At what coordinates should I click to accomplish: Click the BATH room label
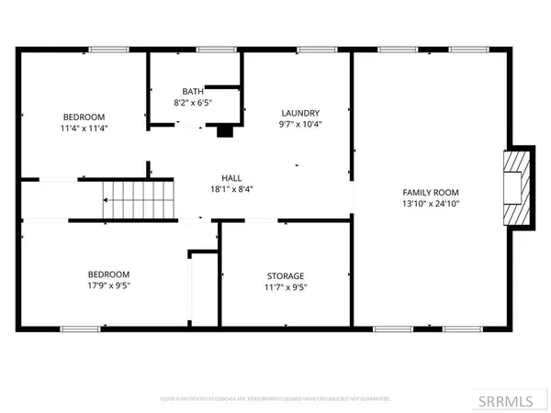click(193, 91)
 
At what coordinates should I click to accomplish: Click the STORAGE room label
click(286, 275)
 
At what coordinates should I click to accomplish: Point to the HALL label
click(231, 178)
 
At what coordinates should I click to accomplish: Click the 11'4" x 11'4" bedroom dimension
click(84, 129)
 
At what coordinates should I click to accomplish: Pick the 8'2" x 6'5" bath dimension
click(193, 103)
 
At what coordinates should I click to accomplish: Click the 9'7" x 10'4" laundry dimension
click(300, 123)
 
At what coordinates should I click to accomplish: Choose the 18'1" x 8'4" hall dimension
click(231, 190)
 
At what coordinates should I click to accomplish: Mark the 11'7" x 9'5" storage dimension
click(286, 287)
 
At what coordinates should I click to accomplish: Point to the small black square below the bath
click(223, 131)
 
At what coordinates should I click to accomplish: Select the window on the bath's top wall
click(210, 50)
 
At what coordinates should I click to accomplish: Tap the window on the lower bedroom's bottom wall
click(80, 328)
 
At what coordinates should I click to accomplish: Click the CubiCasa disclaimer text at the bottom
click(275, 399)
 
